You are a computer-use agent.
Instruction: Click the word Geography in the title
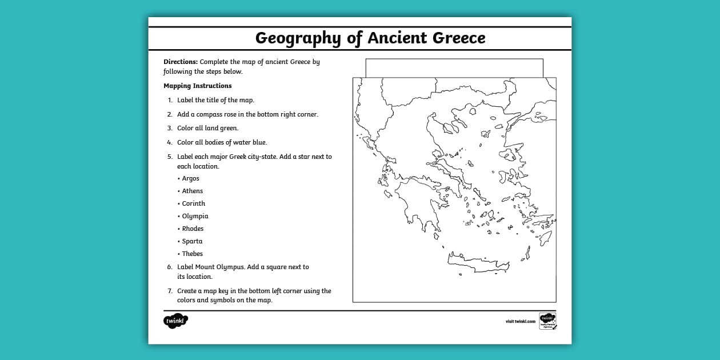click(298, 38)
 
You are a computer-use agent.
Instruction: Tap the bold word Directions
click(181, 62)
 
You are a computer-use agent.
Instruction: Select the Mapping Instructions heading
click(198, 86)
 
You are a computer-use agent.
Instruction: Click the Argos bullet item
click(190, 178)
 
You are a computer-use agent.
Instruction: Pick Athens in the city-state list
click(192, 191)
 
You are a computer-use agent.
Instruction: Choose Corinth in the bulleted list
click(193, 203)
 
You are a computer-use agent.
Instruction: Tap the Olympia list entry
click(195, 216)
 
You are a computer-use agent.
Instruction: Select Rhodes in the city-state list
click(193, 229)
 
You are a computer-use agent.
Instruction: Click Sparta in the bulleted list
click(192, 241)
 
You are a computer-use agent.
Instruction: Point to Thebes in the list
click(192, 254)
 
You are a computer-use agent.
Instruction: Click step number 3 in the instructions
click(169, 128)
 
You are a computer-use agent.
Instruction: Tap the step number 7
click(170, 291)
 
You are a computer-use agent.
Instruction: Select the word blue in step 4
click(259, 142)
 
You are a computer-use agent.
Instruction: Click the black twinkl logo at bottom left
click(175, 321)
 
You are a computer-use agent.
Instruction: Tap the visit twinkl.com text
click(520, 321)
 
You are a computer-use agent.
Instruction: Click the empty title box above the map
click(454, 67)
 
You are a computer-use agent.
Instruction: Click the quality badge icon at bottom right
click(547, 321)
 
